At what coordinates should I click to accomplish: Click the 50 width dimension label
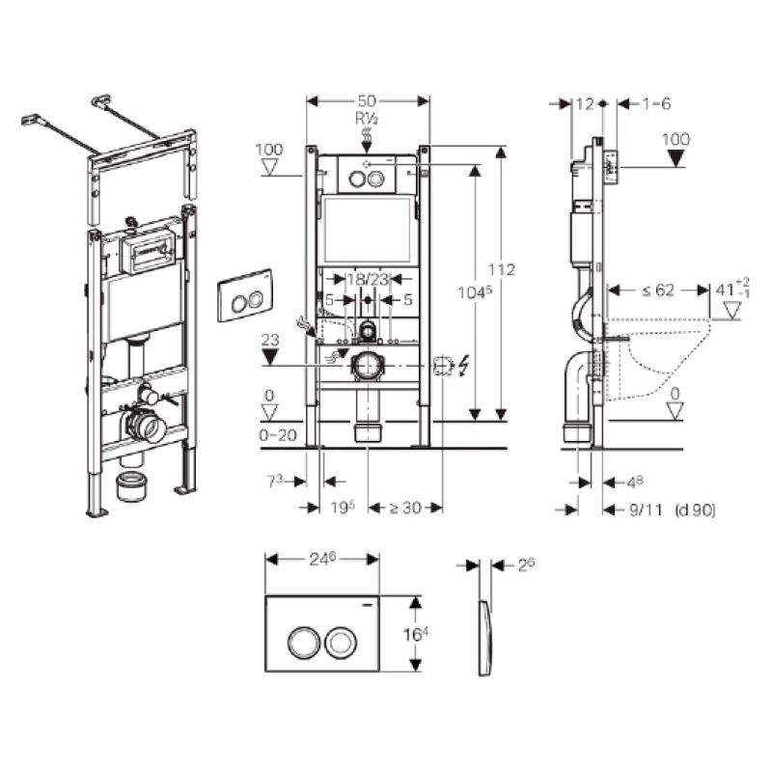pos(367,101)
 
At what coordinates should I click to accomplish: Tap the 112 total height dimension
pos(501,269)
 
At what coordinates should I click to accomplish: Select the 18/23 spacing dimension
pos(368,279)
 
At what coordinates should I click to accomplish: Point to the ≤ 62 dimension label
pos(658,290)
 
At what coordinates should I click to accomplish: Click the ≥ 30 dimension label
pos(405,508)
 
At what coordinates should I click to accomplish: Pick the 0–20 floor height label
pos(279,435)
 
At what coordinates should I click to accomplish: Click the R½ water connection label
pos(367,119)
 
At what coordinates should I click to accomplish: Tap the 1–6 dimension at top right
pos(656,103)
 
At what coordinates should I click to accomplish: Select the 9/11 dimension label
pos(647,510)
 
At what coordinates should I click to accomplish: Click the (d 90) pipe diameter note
pos(696,510)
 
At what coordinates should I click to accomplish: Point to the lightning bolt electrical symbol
pos(463,366)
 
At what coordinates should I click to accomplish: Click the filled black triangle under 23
pos(270,356)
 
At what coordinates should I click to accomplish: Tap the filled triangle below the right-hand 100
pos(675,158)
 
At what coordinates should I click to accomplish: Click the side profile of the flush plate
pos(484,638)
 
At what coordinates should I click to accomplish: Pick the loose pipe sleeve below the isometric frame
pos(132,486)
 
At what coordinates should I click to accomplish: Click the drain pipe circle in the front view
pos(368,367)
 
